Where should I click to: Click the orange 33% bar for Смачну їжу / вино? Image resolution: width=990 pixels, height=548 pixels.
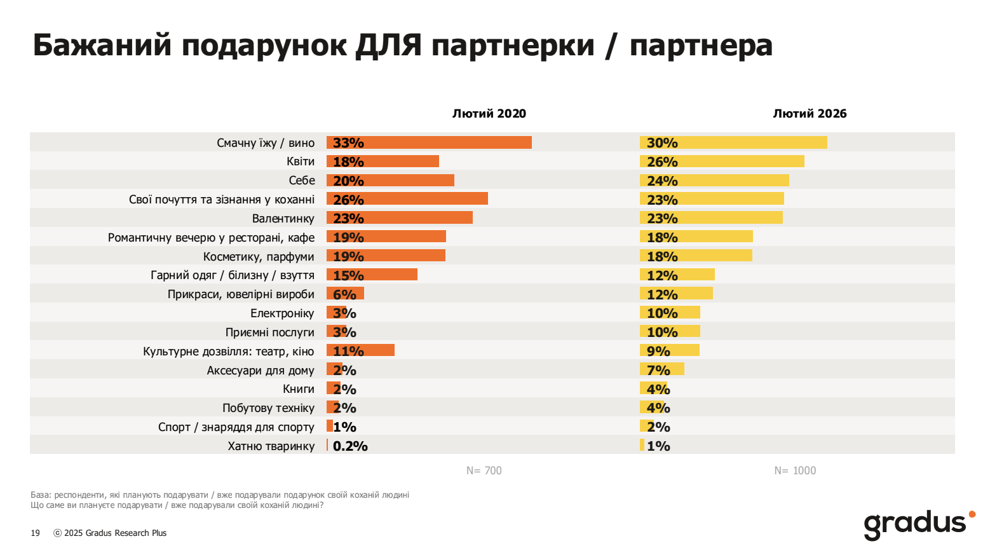[x=429, y=142]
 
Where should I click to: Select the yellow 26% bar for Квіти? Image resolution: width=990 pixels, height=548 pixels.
[x=722, y=161]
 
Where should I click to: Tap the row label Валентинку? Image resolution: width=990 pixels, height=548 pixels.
[x=283, y=219]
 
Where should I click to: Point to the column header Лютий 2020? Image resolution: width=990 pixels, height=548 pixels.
[x=489, y=114]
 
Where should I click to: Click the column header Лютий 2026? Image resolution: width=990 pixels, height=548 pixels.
[x=810, y=114]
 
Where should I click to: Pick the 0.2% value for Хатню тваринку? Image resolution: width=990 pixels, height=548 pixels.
[x=350, y=446]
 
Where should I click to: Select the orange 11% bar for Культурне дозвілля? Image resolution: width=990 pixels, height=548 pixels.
[x=360, y=351]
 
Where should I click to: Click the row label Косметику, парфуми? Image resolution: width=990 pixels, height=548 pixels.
[x=259, y=257]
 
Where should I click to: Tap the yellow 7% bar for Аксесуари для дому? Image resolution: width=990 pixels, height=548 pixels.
[x=661, y=370]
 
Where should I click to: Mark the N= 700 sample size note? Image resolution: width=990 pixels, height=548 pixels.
[x=484, y=470]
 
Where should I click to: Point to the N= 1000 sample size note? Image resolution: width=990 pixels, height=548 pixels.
[x=795, y=470]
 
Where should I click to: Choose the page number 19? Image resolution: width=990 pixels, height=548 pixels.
[x=35, y=533]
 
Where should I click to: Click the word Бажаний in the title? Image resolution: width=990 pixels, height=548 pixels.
[x=102, y=46]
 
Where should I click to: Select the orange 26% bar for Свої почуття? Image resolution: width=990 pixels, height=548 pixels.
[x=407, y=200]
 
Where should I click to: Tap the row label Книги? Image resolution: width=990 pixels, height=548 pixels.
[x=299, y=389]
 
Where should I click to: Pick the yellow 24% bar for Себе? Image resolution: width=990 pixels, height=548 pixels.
[x=714, y=181]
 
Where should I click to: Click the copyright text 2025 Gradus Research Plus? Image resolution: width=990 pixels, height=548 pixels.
[x=115, y=533]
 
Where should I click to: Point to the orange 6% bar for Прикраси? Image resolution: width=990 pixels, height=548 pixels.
[x=345, y=294]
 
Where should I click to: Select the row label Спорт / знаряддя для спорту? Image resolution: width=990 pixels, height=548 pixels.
[x=236, y=427]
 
